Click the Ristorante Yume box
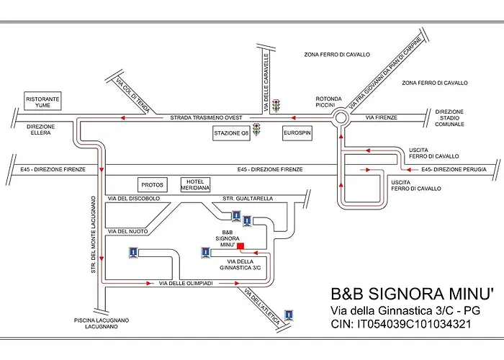(x=42, y=102)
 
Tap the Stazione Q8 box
(x=231, y=133)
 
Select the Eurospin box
(x=297, y=133)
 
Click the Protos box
(x=152, y=185)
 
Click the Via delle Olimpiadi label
(x=185, y=284)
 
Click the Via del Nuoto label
(x=127, y=231)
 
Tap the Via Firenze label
(x=381, y=117)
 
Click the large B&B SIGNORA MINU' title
(x=412, y=294)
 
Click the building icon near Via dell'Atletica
(x=289, y=315)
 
